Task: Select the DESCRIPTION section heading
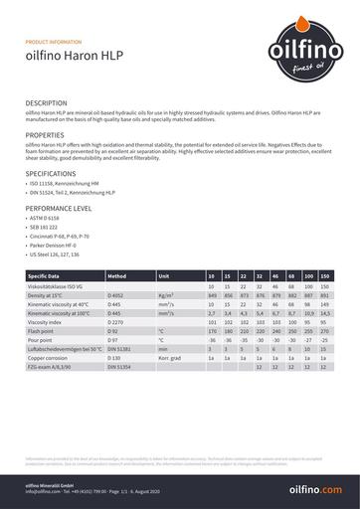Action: (47, 103)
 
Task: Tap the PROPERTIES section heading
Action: (45, 134)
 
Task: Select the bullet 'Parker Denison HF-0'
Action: (55, 246)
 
